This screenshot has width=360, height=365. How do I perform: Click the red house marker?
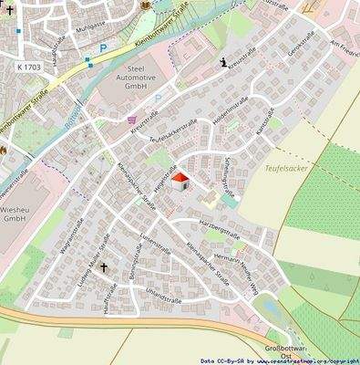point(180,181)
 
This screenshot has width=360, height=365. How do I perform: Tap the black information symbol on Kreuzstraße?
point(223,62)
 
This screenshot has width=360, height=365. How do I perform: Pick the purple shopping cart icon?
point(132,119)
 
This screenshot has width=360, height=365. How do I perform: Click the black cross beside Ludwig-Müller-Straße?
point(103,267)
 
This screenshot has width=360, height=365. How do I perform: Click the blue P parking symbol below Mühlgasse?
point(103,47)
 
